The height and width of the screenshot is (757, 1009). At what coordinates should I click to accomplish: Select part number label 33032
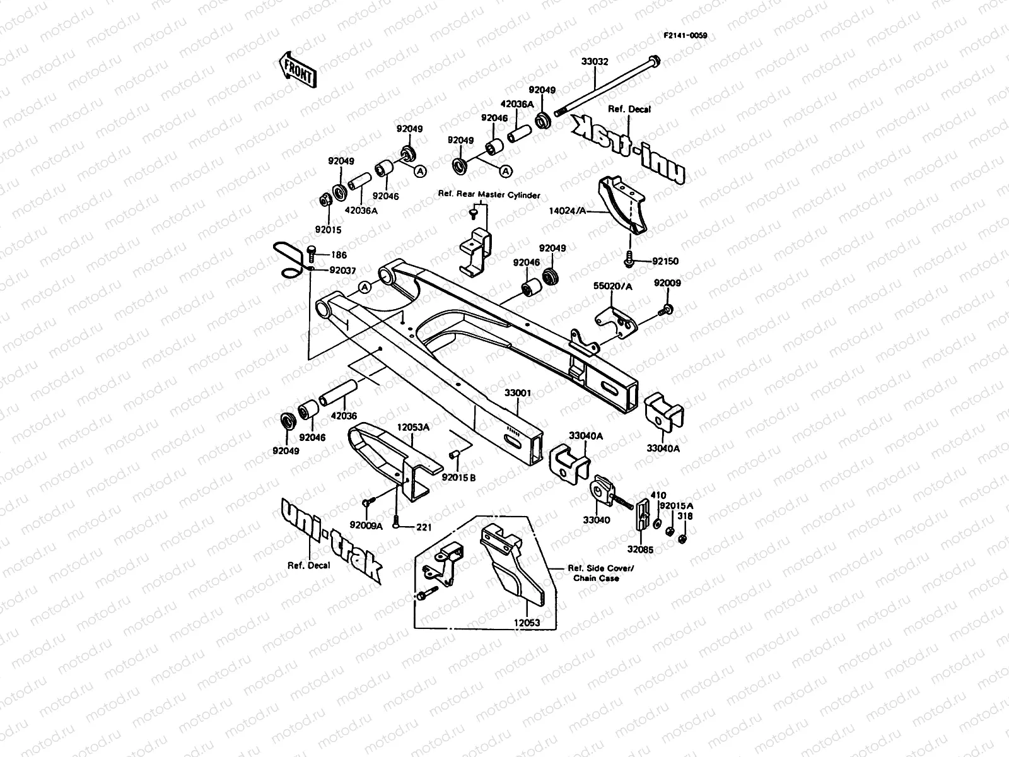[x=595, y=62]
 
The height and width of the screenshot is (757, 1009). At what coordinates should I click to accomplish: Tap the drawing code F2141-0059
[x=685, y=36]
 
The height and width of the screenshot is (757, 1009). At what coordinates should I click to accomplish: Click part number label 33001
[x=518, y=392]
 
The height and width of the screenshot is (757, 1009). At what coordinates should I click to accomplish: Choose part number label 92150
[x=665, y=261]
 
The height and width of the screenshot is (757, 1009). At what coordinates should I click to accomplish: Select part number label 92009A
[x=366, y=525]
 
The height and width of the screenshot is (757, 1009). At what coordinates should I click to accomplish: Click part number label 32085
[x=640, y=550]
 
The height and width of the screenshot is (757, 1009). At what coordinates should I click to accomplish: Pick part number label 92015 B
[x=458, y=478]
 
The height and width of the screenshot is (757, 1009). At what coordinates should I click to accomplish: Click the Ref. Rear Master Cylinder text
[x=489, y=196]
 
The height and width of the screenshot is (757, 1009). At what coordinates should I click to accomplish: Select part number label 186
[x=339, y=255]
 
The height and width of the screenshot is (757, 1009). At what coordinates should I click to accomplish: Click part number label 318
[x=685, y=516]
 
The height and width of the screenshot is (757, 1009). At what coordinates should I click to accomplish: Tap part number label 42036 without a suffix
[x=343, y=416]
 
